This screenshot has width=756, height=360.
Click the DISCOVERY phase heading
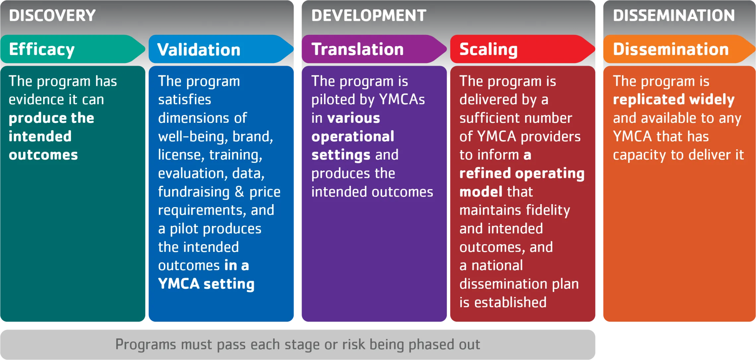[52, 16]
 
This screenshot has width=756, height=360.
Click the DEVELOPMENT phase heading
[368, 16]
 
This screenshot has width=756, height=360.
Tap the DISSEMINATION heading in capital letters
[674, 16]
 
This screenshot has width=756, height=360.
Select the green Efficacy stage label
[42, 49]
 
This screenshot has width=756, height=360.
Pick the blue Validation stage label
[199, 50]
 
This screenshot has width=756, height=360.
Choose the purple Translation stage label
[357, 49]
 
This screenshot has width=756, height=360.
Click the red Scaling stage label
[488, 49]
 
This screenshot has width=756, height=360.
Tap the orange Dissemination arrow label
[671, 49]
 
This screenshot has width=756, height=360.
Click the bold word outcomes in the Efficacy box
[43, 155]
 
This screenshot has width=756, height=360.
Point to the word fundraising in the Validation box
[194, 192]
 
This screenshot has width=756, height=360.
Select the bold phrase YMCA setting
[206, 284]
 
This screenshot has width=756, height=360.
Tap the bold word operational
[353, 136]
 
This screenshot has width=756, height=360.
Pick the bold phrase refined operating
[522, 173]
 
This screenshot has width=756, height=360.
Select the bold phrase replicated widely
[673, 100]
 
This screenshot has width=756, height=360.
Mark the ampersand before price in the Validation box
[239, 192]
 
